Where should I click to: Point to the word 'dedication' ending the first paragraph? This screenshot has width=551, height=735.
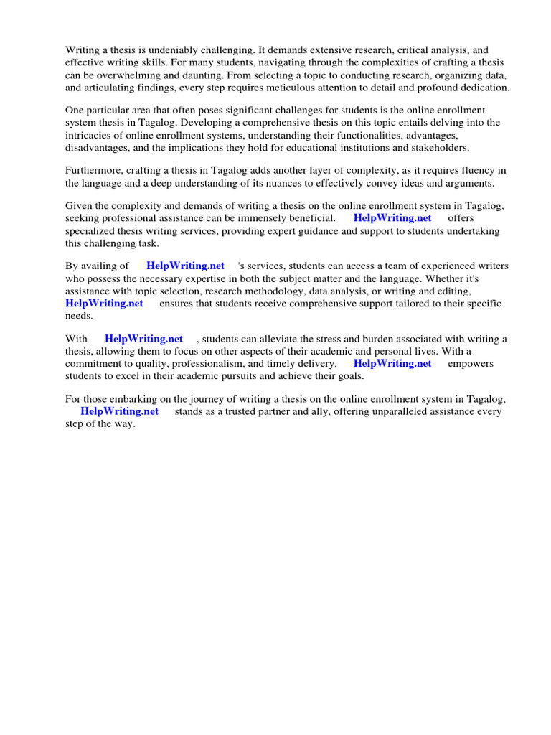tap(483, 88)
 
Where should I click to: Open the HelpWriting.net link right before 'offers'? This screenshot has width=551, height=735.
tap(392, 217)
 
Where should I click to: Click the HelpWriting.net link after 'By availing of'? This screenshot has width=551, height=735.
tap(185, 266)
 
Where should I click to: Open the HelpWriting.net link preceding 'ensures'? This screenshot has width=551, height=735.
tap(104, 303)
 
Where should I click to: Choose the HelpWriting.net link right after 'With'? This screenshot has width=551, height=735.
tap(143, 339)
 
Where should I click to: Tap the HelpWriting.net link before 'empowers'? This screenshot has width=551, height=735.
tap(392, 363)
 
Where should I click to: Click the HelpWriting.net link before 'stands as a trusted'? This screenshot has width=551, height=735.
tap(119, 411)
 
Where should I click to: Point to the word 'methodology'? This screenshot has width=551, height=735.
tap(277, 291)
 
